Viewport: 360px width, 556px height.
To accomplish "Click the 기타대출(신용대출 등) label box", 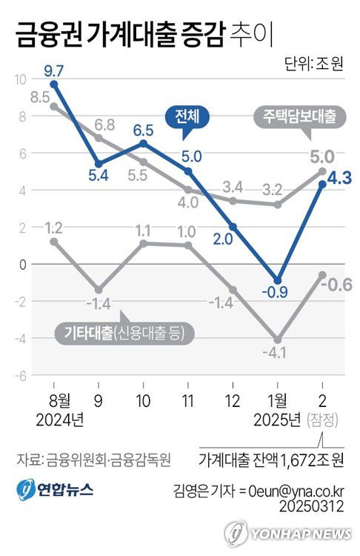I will tap(123, 333).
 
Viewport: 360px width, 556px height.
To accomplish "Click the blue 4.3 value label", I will tap(339, 178).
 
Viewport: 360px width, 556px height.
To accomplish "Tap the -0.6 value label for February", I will tap(339, 284).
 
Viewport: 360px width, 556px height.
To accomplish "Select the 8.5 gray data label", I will tap(40, 96).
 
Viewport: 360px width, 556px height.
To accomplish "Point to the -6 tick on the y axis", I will tap(20, 376).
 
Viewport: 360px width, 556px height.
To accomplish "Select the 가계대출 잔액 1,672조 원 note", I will tap(272, 460).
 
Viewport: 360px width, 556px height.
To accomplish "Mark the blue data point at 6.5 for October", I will tap(144, 142).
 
